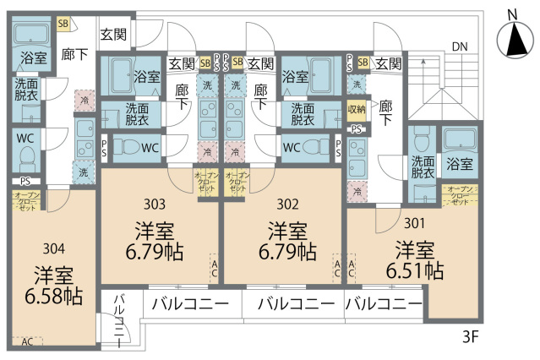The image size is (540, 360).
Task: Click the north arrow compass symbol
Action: click(510, 39)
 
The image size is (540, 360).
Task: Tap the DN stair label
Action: click(459, 46)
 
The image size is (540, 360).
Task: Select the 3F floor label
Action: click(471, 336)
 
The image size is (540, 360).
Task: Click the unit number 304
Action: click(53, 248)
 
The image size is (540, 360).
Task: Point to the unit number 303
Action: click(155, 204)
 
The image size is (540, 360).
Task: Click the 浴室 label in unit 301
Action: click(460, 162)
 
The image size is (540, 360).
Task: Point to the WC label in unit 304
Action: click(25, 137)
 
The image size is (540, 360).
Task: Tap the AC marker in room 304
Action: click(27, 341)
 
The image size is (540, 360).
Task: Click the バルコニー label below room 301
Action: click(384, 303)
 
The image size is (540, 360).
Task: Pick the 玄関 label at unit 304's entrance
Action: click(114, 35)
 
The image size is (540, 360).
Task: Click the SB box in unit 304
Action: click(63, 24)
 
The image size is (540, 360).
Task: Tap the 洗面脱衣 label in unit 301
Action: click(423, 166)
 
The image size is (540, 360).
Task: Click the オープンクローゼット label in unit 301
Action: click(460, 195)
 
